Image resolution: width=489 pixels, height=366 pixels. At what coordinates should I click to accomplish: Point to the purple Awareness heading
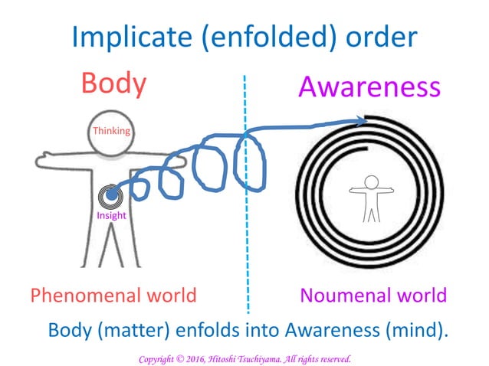coord(370,87)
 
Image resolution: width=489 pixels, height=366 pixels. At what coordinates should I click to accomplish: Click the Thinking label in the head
coord(111,131)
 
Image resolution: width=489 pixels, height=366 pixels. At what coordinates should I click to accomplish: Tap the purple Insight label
coord(111,215)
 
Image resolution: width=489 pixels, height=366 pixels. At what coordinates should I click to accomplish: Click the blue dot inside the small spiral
coord(111,196)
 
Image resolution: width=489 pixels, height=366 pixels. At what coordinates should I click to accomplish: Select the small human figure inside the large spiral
coord(371,197)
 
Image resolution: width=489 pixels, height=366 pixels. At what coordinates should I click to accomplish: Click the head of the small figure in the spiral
coord(371,182)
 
